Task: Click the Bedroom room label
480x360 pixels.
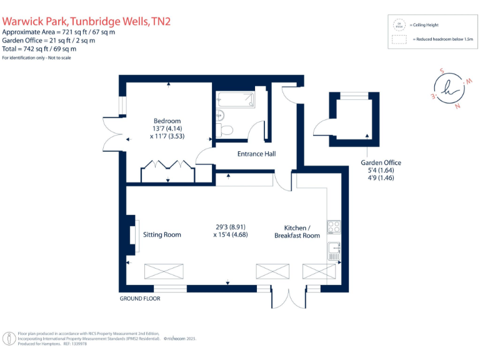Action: [167, 121]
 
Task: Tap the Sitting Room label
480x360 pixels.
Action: [162, 235]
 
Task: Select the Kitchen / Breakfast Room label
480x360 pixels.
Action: [297, 231]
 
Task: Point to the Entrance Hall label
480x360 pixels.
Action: [256, 154]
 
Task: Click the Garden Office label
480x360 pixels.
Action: [381, 162]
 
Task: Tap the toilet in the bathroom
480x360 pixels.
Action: [225, 128]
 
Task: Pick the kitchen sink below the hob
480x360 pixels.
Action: [333, 251]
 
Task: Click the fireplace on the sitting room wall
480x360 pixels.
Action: [132, 235]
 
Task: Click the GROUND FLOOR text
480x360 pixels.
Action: [140, 299]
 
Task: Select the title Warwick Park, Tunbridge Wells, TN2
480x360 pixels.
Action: [86, 21]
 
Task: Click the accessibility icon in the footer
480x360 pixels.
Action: [9, 339]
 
